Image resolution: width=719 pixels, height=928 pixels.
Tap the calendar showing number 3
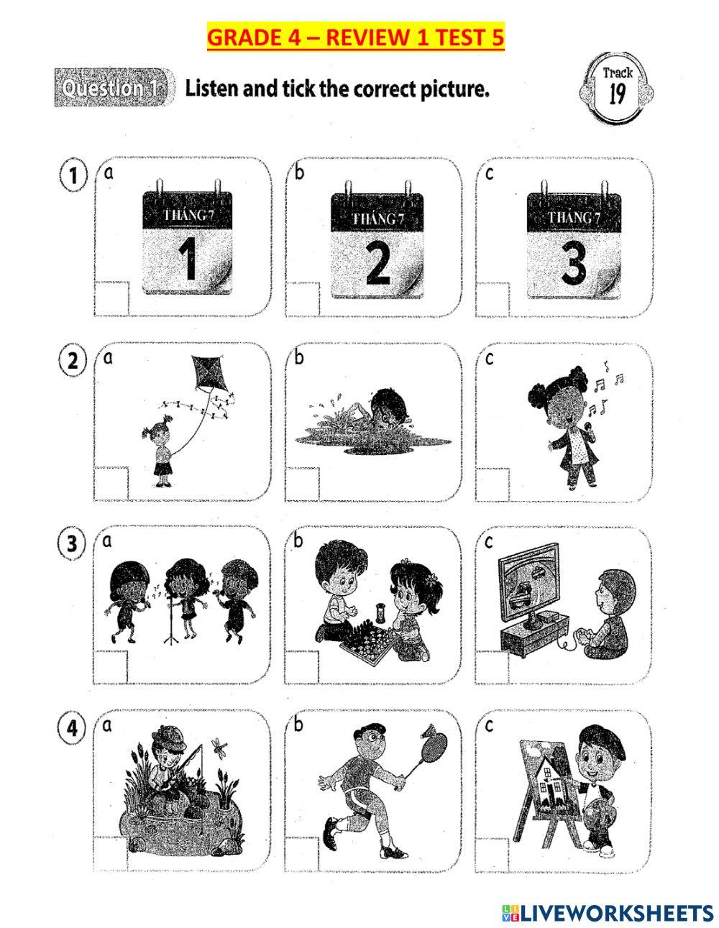coord(573,245)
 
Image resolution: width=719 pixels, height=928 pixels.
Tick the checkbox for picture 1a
coord(112,298)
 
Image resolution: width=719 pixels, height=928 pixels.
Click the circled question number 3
coord(72,544)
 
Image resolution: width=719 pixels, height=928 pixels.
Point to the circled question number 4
coord(72,727)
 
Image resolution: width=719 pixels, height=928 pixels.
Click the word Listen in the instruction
coord(211,89)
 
